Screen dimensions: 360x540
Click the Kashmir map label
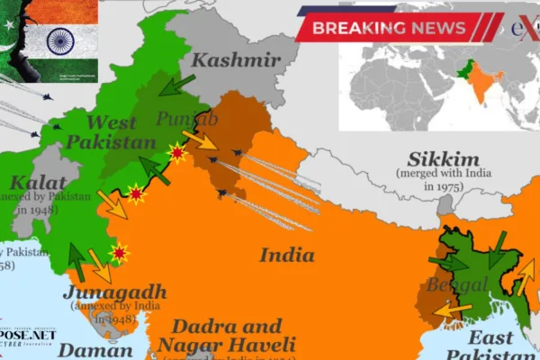pyautogui.click(x=236, y=62)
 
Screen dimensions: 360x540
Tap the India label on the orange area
pyautogui.click(x=287, y=255)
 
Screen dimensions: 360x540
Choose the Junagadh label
pyautogui.click(x=114, y=292)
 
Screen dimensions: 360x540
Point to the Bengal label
pyautogui.click(x=454, y=286)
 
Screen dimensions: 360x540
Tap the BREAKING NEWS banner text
pyautogui.click(x=390, y=27)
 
